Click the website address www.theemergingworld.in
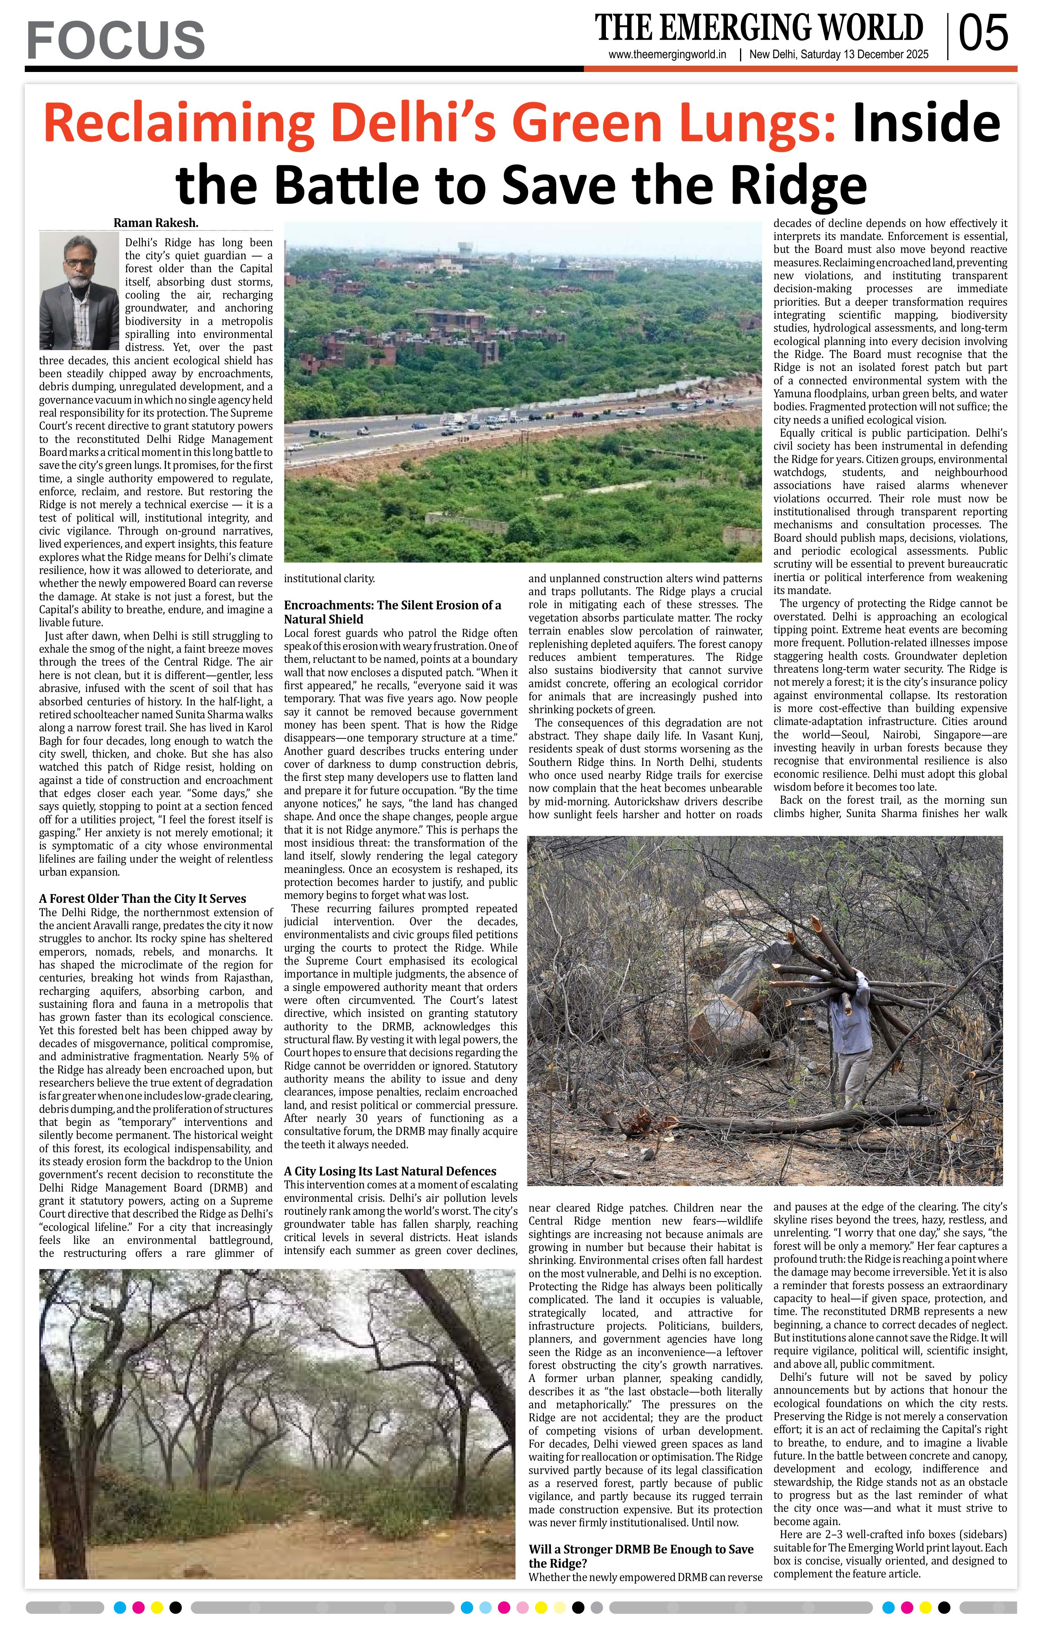(666, 55)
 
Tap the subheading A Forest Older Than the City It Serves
(142, 899)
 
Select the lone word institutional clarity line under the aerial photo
(329, 579)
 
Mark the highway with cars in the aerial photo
(518, 423)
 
